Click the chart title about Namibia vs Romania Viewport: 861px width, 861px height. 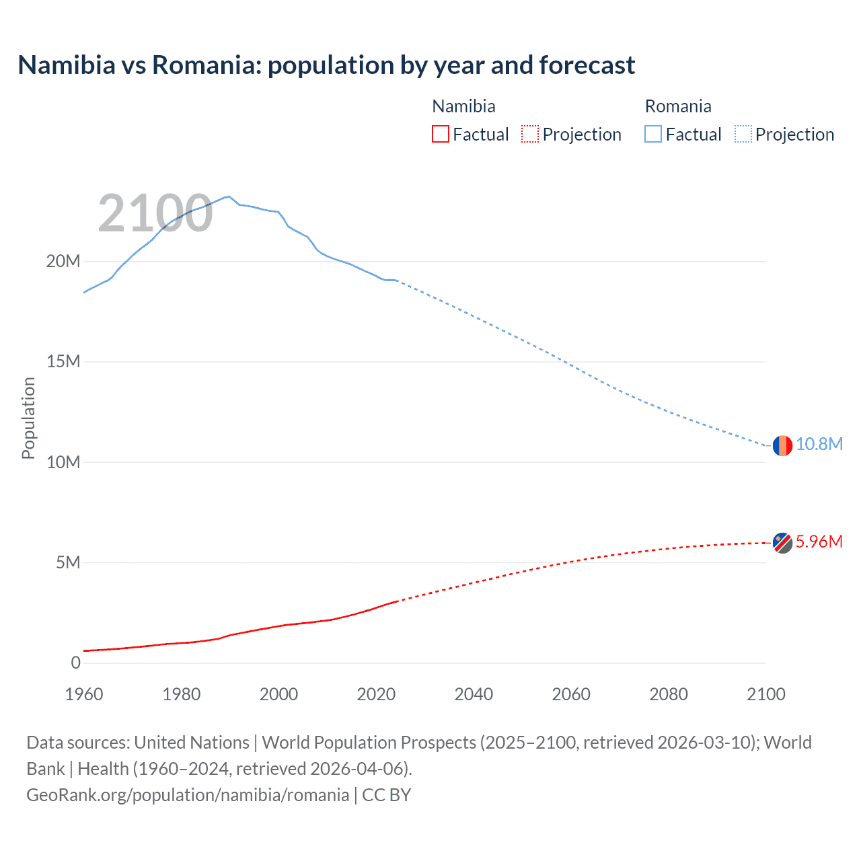click(326, 65)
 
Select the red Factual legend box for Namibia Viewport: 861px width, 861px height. click(440, 134)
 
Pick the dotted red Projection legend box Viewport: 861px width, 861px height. click(530, 134)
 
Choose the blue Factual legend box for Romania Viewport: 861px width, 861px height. click(653, 134)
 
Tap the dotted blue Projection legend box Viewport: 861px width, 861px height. click(743, 134)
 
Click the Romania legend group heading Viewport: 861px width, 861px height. click(677, 106)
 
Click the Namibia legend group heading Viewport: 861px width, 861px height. click(463, 106)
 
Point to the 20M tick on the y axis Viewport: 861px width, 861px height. click(63, 261)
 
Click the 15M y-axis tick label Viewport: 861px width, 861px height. click(63, 362)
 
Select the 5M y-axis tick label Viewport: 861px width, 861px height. click(68, 562)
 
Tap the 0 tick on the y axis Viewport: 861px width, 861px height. click(75, 663)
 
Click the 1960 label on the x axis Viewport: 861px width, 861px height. click(84, 694)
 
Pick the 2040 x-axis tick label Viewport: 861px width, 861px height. click(474, 694)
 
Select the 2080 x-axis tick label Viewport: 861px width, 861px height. click(669, 694)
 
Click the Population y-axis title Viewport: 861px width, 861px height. click(28, 418)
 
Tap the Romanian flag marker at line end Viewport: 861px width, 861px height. click(782, 445)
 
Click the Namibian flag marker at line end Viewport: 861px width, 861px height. click(782, 542)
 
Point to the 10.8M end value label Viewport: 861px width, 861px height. click(819, 445)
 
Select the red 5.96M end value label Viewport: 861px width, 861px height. click(819, 542)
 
